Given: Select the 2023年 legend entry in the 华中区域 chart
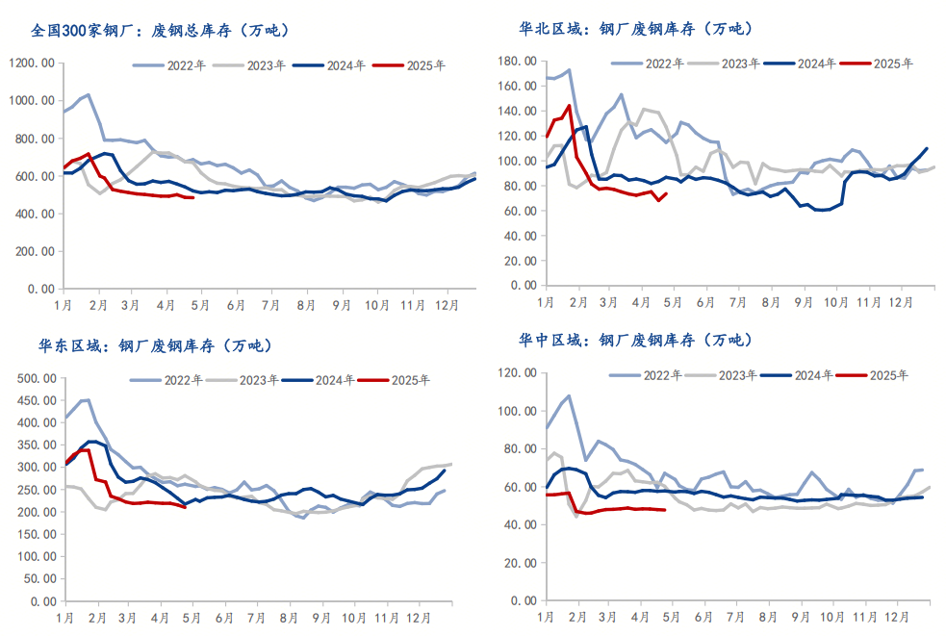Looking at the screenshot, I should coord(735,375).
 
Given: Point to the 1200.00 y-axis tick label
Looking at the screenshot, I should coord(31,64).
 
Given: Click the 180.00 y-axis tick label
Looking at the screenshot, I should coord(514,62).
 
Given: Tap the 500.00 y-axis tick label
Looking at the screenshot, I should coord(33,378).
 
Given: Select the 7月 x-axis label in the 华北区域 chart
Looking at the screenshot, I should coord(739,302).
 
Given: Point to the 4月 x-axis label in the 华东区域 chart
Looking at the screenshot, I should coord(160,618).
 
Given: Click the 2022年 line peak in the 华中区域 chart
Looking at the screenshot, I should coord(569,395).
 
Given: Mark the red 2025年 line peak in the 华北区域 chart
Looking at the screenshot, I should coord(569,106).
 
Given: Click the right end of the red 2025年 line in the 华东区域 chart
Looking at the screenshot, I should coord(186,507).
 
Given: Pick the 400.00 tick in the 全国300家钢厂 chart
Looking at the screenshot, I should coord(33,214).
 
